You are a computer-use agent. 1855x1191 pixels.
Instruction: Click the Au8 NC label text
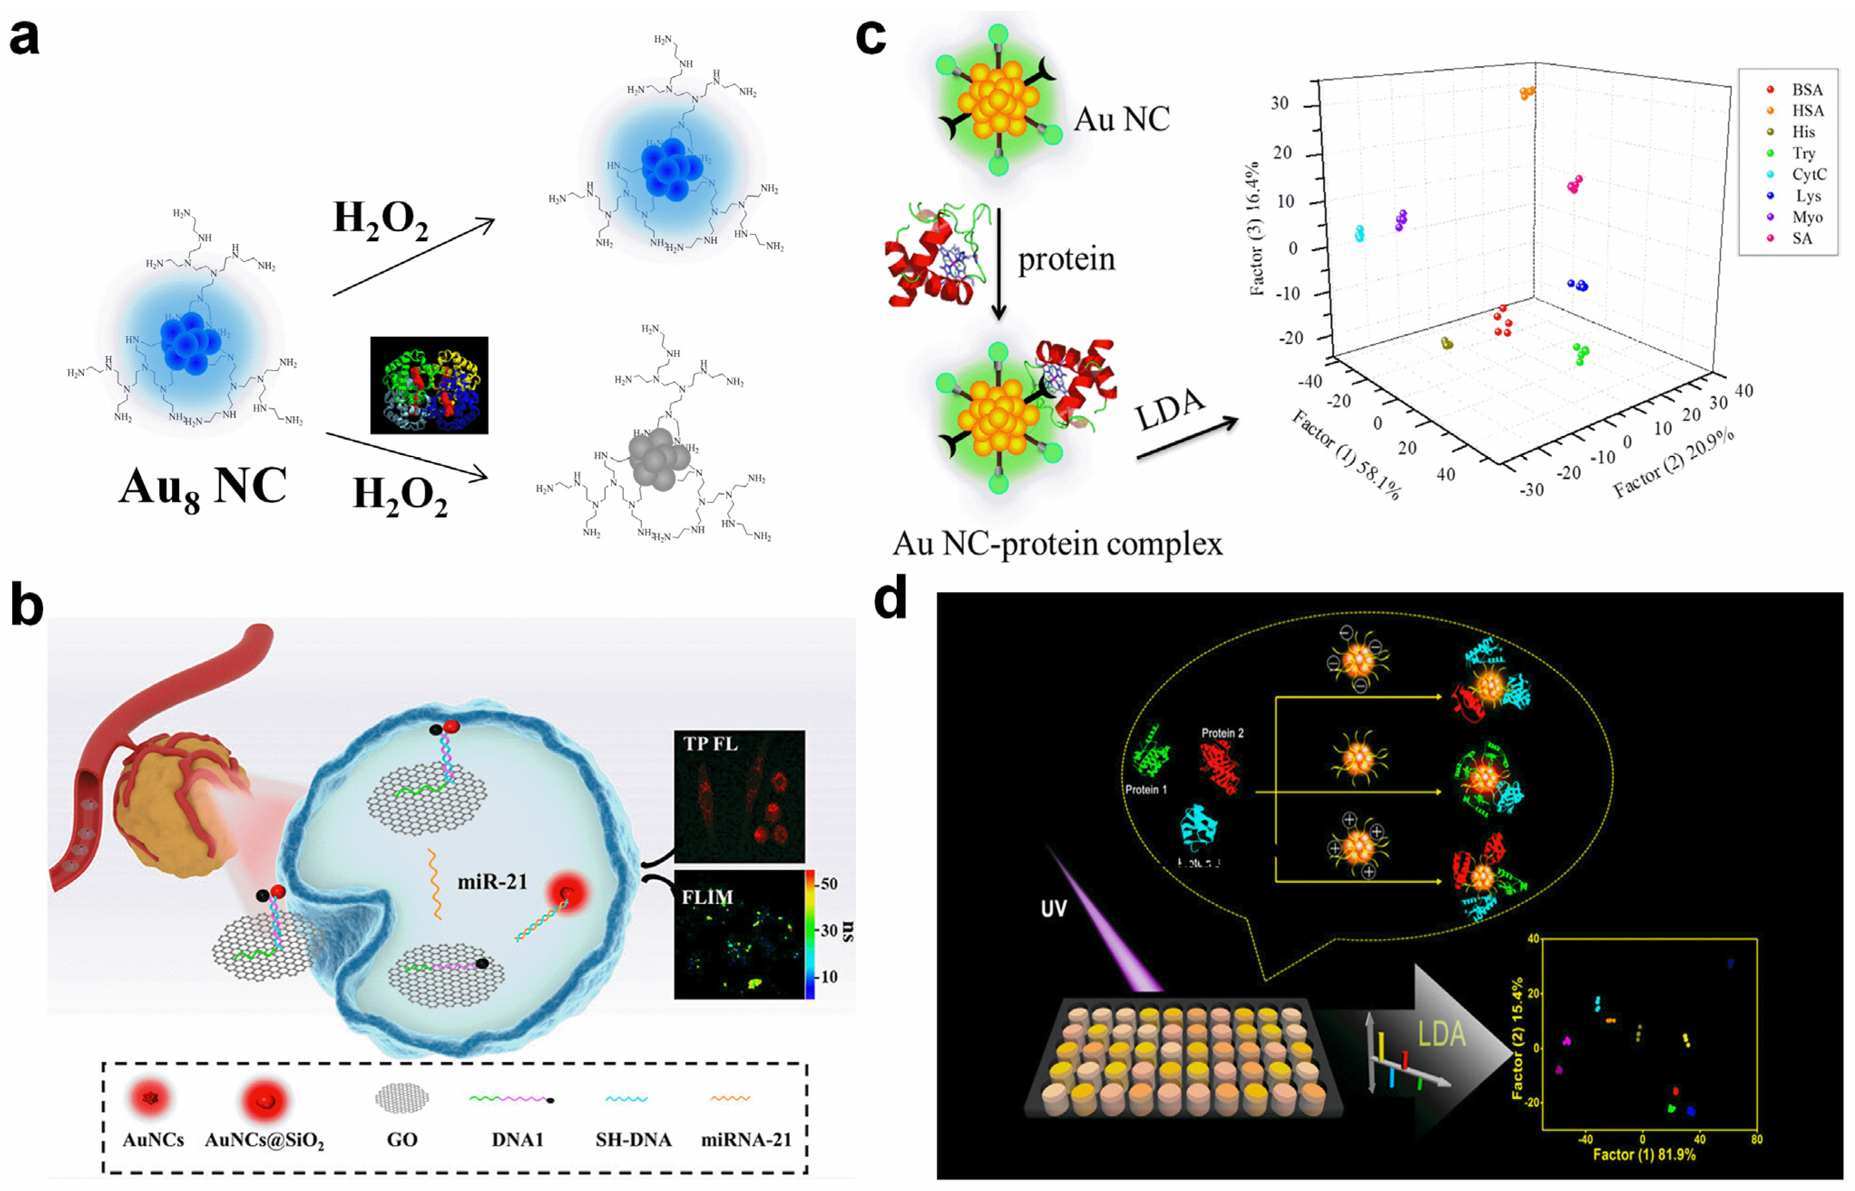click(x=203, y=487)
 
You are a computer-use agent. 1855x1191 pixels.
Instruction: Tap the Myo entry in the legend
click(x=1806, y=218)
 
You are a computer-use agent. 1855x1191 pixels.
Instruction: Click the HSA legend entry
click(x=1806, y=111)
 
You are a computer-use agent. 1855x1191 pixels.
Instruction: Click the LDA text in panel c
click(x=1169, y=409)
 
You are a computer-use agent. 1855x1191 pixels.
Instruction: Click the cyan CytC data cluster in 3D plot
click(x=1359, y=233)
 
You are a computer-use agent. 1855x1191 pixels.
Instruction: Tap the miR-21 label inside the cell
click(x=492, y=881)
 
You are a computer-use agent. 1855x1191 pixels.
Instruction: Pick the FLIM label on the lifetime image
click(x=706, y=897)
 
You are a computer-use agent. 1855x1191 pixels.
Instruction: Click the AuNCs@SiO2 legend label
click(x=264, y=1140)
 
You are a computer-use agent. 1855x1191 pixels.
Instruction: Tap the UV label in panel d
click(x=1054, y=908)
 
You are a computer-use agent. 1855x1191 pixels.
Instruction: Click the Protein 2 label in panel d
click(x=1222, y=732)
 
